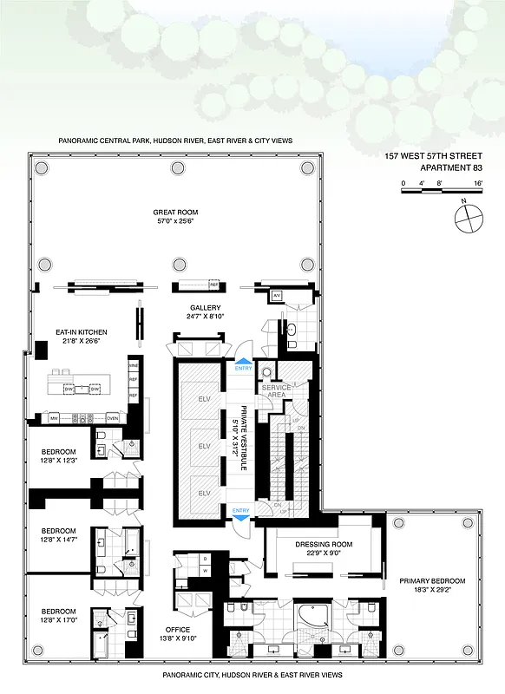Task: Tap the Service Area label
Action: pos(288,391)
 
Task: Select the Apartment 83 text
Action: pos(451,168)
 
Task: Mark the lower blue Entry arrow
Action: pos(242,514)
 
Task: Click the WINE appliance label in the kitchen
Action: pos(134,365)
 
